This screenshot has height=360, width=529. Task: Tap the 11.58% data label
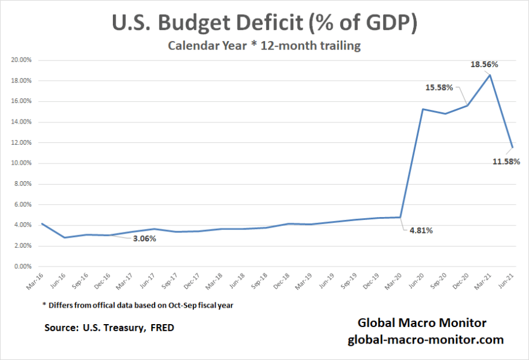(x=505, y=161)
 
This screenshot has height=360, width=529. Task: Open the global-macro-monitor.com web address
(x=426, y=339)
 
